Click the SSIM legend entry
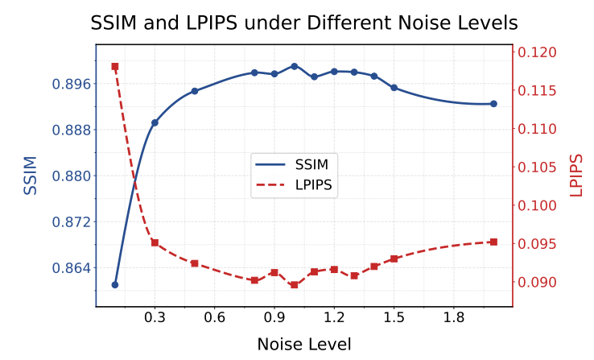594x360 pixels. [291, 164]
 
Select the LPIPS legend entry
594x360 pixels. [294, 185]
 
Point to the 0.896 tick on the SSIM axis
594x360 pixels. [72, 84]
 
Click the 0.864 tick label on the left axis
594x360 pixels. [72, 268]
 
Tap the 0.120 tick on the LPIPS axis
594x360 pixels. [537, 52]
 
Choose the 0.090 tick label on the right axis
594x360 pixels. [537, 283]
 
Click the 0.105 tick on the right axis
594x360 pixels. [537, 168]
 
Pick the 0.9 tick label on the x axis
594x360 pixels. [274, 317]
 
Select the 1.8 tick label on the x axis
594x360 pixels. [454, 317]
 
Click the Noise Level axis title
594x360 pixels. [304, 345]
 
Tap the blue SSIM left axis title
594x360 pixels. [31, 176]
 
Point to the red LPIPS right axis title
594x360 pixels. [575, 176]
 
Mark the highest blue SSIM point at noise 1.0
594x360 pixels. [295, 66]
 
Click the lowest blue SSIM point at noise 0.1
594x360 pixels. [115, 285]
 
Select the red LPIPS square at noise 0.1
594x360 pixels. [115, 67]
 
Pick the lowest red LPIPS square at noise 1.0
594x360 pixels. [295, 285]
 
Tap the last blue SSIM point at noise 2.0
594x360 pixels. [493, 104]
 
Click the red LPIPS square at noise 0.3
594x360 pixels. [155, 242]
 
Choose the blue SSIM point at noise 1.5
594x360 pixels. [394, 88]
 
